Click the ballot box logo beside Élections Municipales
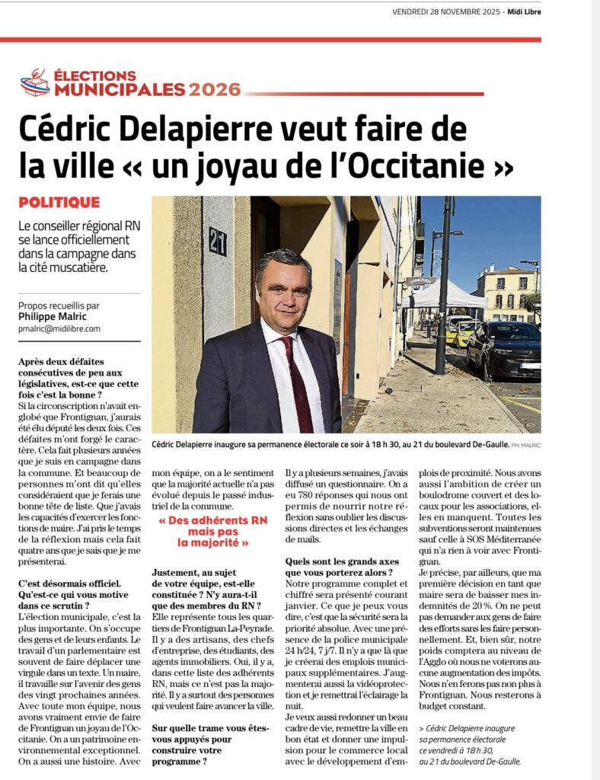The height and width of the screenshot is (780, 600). click(34, 82)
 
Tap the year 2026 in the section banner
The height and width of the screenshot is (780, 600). click(215, 90)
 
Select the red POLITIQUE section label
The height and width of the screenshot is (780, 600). click(59, 203)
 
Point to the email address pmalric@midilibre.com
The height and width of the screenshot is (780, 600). click(60, 328)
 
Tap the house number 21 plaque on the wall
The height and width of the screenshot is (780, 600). click(217, 241)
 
